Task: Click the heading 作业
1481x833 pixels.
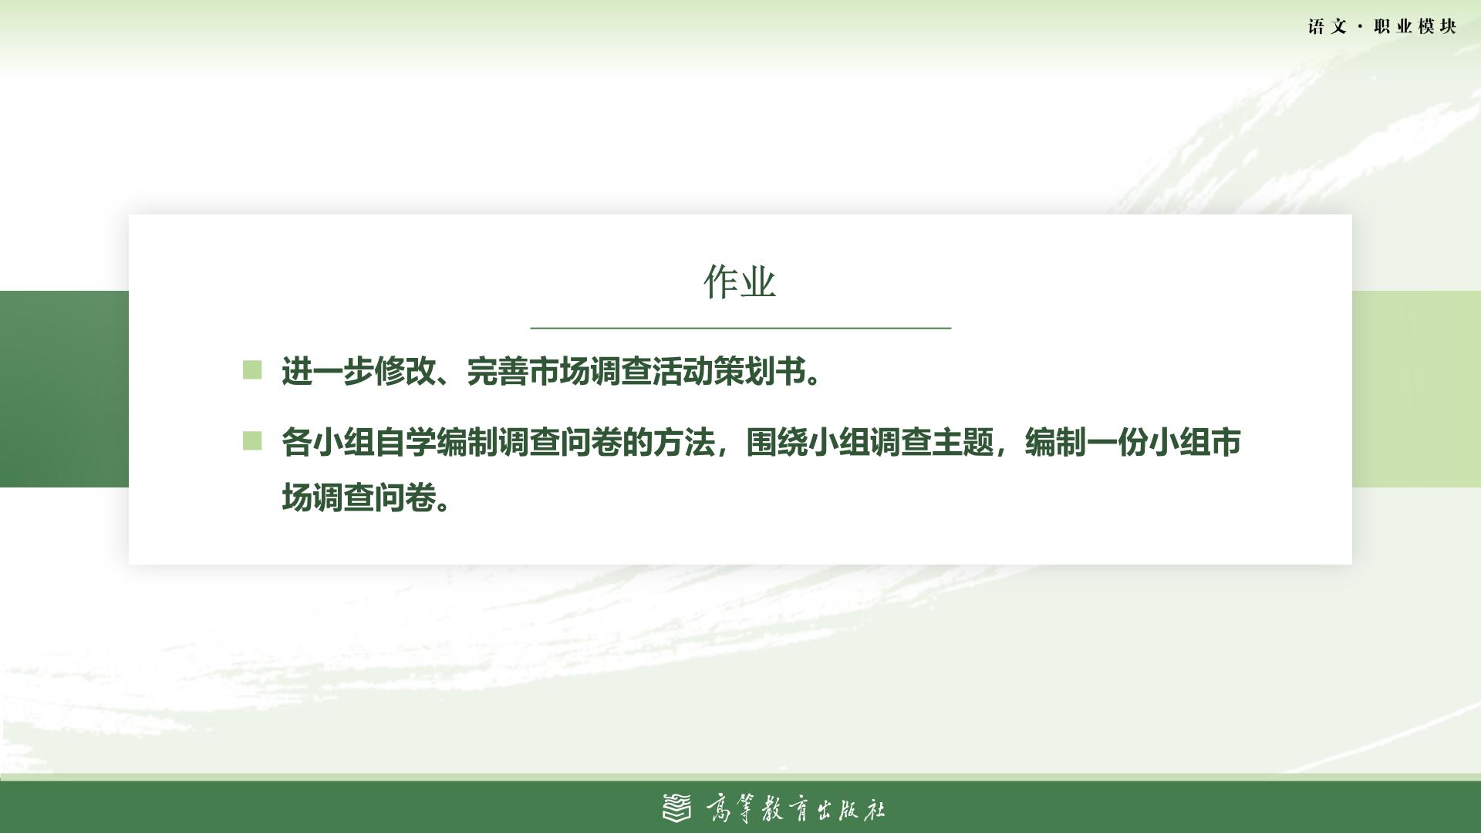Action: [740, 282]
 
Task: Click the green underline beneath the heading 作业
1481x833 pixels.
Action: [740, 328]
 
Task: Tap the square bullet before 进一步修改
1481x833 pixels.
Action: [252, 370]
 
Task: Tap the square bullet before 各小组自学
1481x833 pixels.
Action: [252, 440]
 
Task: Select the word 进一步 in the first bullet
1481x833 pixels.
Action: [328, 372]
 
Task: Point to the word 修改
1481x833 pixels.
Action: [405, 372]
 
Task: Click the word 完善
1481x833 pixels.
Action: [498, 372]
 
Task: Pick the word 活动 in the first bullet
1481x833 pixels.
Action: [683, 372]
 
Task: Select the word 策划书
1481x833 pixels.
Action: [760, 372]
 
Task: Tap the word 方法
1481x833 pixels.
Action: [683, 443]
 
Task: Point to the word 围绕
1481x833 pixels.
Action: [777, 443]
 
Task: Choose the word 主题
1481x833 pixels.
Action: [963, 443]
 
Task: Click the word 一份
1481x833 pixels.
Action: [1118, 443]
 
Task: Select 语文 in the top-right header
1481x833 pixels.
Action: [1328, 26]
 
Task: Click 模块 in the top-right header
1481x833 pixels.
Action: [1437, 26]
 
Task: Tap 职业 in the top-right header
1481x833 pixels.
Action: [1393, 26]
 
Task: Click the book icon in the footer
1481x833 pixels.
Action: [677, 808]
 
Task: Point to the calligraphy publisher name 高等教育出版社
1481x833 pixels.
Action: [795, 809]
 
